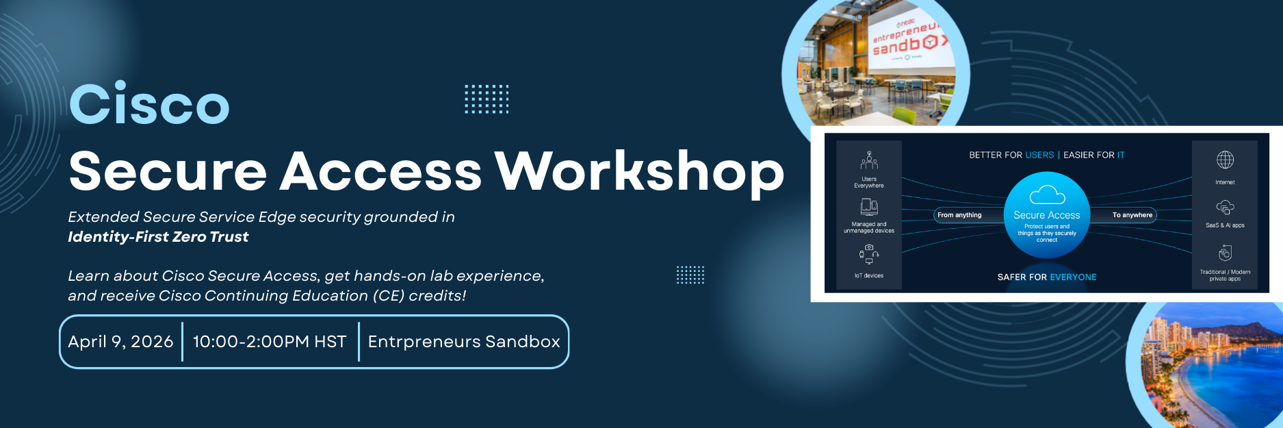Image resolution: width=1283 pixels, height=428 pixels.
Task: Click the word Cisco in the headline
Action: click(x=149, y=104)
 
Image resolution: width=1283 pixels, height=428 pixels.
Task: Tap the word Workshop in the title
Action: click(x=639, y=171)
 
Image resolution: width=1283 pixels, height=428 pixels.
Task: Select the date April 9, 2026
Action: click(x=120, y=342)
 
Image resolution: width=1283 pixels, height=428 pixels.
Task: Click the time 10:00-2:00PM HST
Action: click(x=270, y=342)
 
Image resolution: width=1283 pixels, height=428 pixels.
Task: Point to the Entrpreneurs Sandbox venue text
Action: click(x=464, y=342)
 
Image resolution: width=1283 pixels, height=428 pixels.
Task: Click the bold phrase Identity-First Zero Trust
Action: click(x=158, y=237)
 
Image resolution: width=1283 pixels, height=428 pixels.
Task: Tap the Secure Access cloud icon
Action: click(x=1047, y=195)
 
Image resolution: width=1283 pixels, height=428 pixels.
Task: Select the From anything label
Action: click(x=959, y=215)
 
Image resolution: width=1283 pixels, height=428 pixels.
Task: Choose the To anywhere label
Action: click(x=1132, y=215)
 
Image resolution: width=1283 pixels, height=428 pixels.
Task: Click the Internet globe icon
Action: click(x=1225, y=160)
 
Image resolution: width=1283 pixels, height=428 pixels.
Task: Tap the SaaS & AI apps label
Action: click(x=1225, y=225)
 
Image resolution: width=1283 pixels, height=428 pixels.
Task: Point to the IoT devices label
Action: click(x=869, y=276)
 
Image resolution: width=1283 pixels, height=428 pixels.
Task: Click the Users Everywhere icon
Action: click(x=869, y=161)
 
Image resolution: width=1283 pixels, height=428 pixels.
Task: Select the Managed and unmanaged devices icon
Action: click(x=869, y=206)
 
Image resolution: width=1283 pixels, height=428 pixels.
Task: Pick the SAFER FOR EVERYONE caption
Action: click(x=1047, y=277)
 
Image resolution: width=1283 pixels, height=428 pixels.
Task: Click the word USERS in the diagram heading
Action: click(x=1039, y=155)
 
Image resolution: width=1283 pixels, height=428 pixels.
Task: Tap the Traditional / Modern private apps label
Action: click(x=1225, y=275)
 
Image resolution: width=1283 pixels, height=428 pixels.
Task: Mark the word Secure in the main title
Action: click(x=168, y=171)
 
